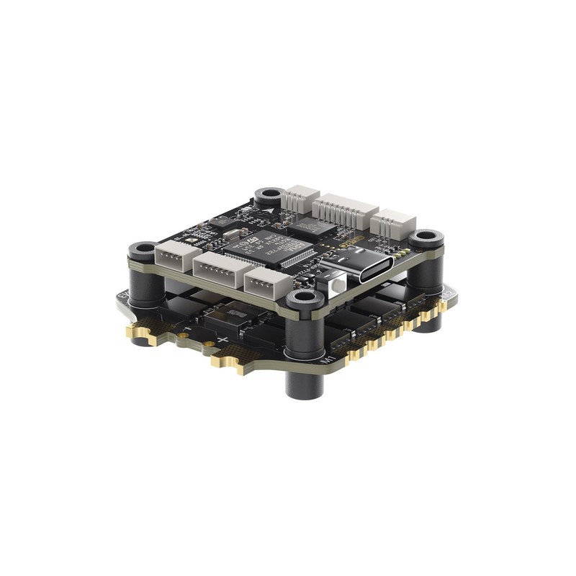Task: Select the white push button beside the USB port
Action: point(333,287)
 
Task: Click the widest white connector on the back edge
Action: point(344,209)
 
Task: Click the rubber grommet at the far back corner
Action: point(269,195)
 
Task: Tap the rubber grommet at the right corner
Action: point(426,238)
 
